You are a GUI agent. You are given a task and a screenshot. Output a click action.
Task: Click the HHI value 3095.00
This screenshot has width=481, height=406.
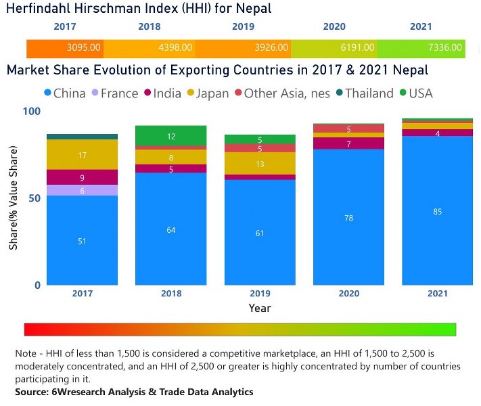coord(84,48)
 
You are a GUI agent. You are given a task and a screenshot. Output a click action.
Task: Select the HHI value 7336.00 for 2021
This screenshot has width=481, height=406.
coord(444,48)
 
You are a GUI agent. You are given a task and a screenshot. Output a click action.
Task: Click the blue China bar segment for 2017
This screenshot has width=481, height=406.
coord(82,240)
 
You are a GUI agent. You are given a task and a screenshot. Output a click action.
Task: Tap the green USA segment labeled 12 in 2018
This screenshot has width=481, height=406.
coord(171,136)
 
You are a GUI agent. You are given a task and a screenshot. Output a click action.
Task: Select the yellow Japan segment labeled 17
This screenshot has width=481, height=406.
coord(82,155)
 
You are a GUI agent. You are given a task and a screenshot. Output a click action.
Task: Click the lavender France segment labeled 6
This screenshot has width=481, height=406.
coord(82,191)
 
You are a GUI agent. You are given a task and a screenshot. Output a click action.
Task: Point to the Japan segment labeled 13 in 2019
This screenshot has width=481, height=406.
coord(260,164)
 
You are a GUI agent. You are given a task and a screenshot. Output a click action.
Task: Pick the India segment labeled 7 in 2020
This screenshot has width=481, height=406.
coord(349,144)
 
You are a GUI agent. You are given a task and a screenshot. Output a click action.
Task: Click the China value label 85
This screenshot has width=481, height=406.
coord(438,212)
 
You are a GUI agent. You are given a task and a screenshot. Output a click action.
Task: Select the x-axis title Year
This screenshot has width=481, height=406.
coord(260,308)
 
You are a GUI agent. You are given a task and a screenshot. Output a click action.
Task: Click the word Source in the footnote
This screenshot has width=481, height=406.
coord(32,392)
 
